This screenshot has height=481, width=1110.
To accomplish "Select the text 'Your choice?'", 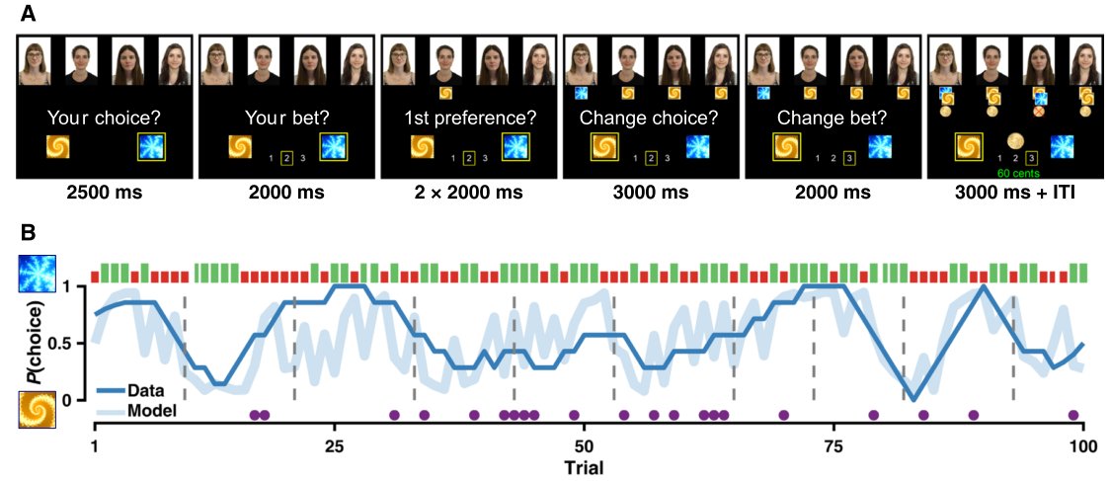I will [104, 118].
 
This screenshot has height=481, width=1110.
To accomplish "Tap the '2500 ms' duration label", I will [104, 193].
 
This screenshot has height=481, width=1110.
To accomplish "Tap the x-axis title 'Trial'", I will [584, 464].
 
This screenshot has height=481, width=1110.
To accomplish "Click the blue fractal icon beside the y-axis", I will [36, 273].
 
